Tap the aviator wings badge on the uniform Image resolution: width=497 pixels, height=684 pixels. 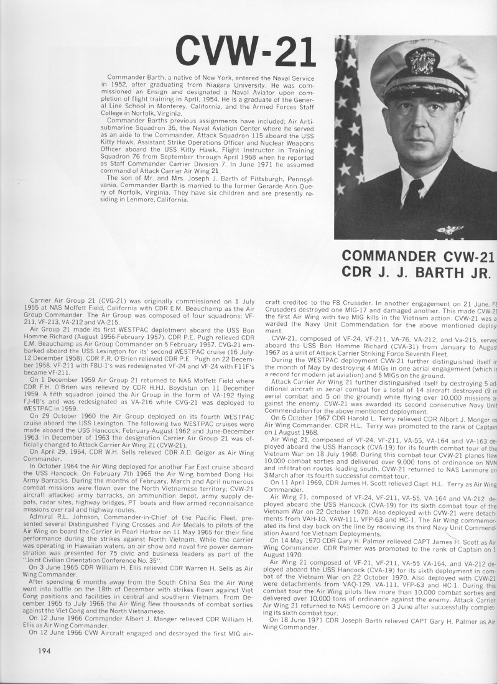pos(450,231)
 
